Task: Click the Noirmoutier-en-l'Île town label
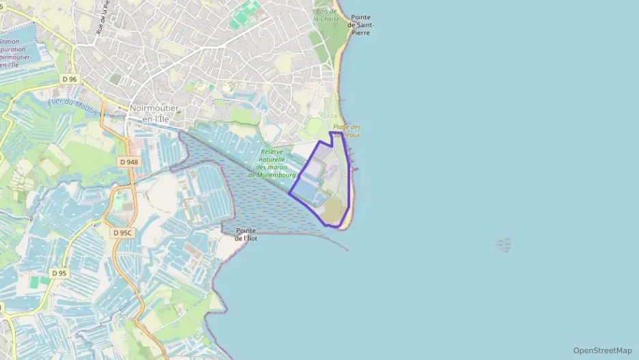click(155, 113)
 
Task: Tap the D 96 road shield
click(69, 79)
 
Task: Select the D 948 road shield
click(128, 162)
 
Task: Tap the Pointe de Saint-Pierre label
click(361, 25)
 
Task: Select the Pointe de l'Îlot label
click(246, 234)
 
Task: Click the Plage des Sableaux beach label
click(347, 130)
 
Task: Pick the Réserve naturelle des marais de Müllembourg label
click(271, 163)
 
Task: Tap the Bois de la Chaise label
click(326, 15)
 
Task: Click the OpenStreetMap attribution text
click(602, 350)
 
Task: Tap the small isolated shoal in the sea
click(504, 244)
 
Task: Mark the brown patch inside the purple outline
click(332, 211)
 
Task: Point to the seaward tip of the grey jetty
click(347, 249)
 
